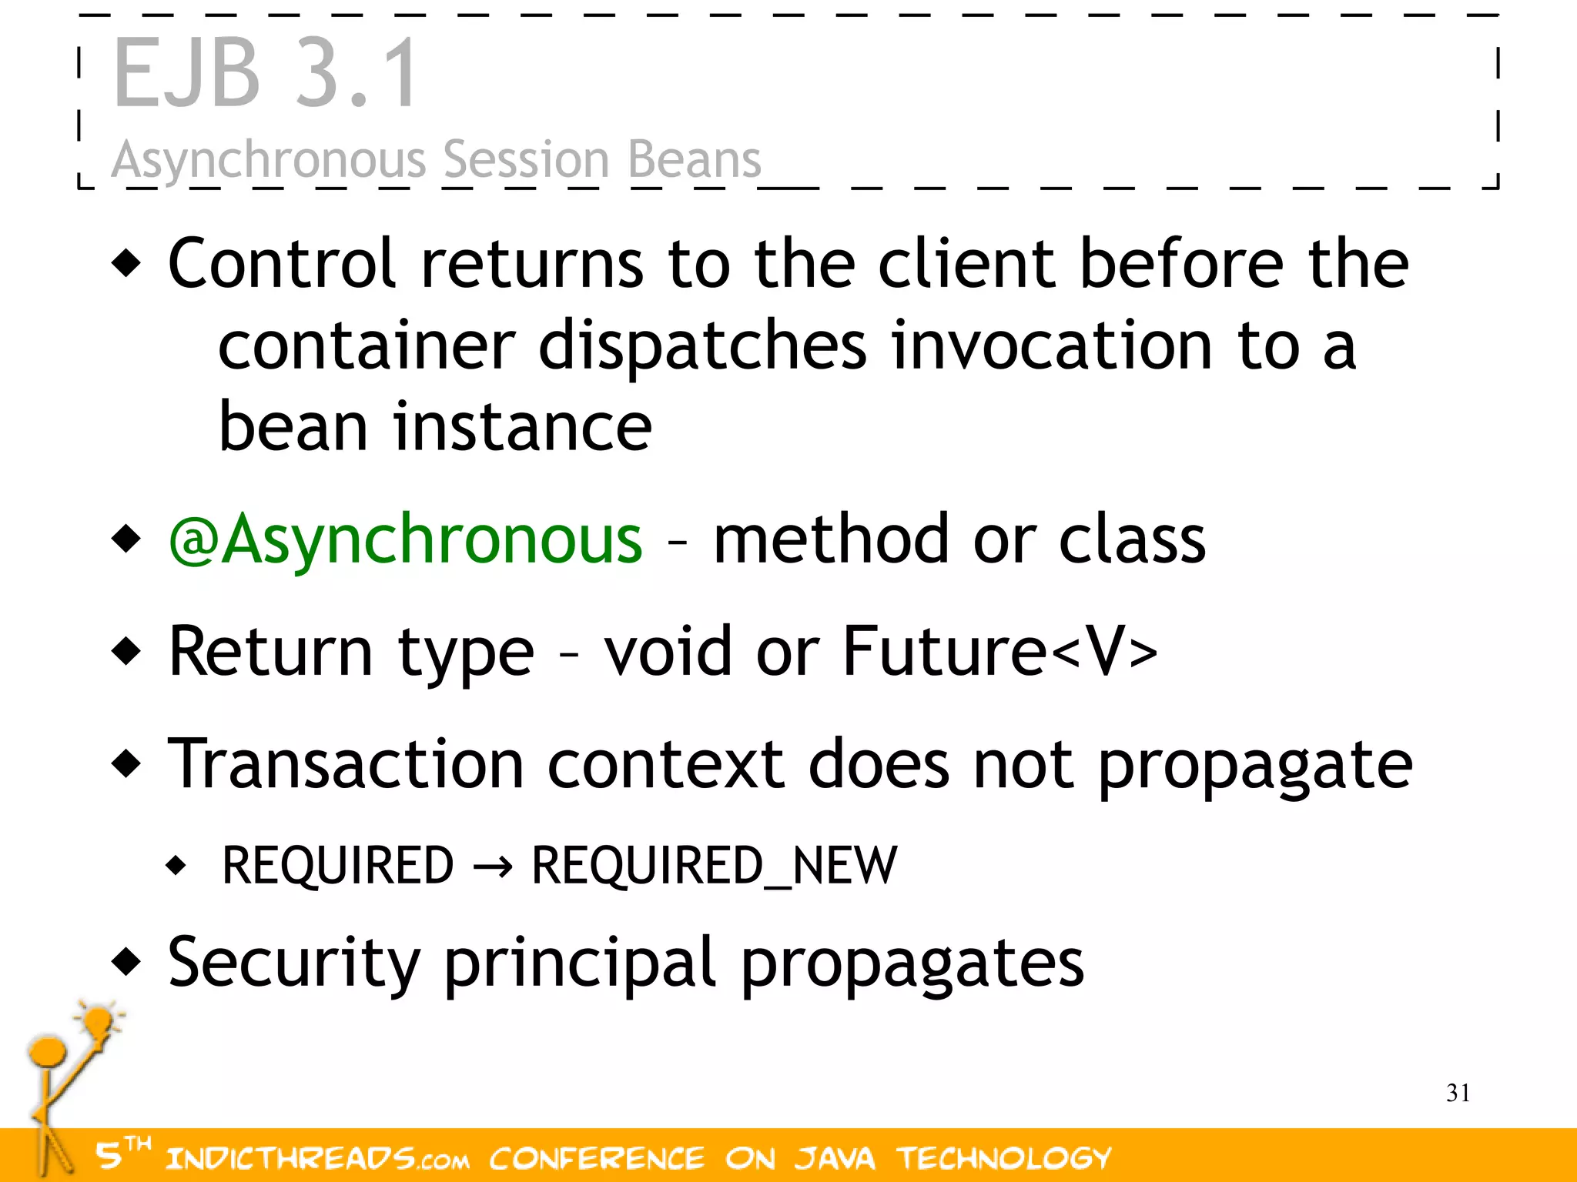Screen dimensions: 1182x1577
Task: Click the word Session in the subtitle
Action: [526, 160]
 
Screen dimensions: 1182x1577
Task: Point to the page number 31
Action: [1458, 1093]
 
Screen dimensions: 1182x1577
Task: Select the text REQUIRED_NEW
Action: [714, 866]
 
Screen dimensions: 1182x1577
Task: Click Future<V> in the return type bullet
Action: [999, 652]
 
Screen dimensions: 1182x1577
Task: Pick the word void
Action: [667, 652]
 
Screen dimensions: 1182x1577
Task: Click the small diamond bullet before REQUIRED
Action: [176, 866]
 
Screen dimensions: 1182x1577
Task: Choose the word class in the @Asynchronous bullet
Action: [1131, 539]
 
